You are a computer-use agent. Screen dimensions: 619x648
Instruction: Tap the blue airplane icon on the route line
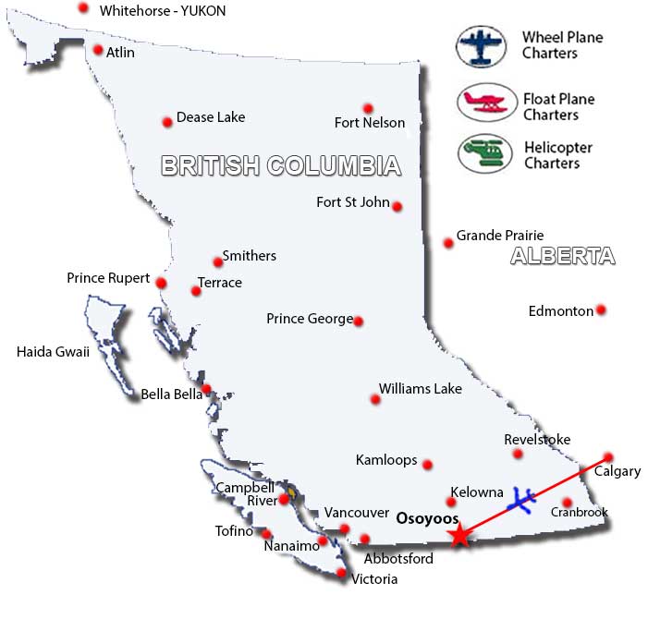(x=522, y=500)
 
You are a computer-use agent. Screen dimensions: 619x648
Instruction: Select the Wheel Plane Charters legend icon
(x=483, y=46)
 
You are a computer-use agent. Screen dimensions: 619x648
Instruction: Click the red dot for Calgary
(x=608, y=457)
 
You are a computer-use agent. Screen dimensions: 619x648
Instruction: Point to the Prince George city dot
(x=359, y=322)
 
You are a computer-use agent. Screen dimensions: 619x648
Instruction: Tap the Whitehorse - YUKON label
(x=163, y=11)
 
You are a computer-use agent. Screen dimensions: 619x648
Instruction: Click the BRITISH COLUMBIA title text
(x=281, y=165)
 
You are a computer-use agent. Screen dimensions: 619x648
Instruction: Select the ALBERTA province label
(x=563, y=257)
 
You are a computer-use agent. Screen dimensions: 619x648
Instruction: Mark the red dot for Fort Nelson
(x=368, y=108)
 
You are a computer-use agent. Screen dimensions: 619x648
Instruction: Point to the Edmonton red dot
(x=601, y=309)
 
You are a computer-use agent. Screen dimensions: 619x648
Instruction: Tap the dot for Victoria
(x=342, y=574)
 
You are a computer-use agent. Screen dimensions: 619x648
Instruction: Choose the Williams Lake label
(x=421, y=389)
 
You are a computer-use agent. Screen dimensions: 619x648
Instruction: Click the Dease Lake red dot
(x=167, y=122)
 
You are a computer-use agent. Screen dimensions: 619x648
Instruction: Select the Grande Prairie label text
(x=500, y=236)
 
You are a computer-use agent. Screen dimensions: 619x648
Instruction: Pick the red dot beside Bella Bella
(x=207, y=389)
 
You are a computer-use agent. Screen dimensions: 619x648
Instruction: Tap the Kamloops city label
(x=386, y=459)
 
